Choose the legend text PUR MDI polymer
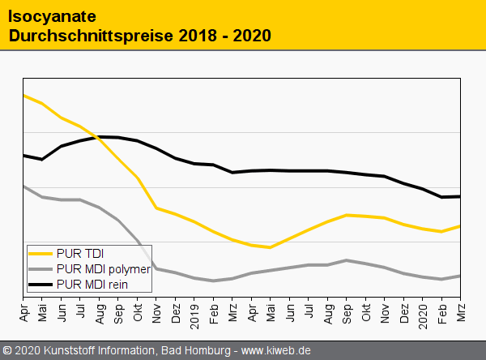click(104, 268)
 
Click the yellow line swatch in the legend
click(40, 253)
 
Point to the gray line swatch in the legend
click(40, 268)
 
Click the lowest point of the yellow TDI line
click(270, 247)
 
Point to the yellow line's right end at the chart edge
click(460, 226)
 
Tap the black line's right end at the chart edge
click(460, 196)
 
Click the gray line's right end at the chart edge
click(460, 276)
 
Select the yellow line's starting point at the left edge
click(24, 96)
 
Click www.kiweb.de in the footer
click(276, 350)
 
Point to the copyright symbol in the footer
click(8, 350)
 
